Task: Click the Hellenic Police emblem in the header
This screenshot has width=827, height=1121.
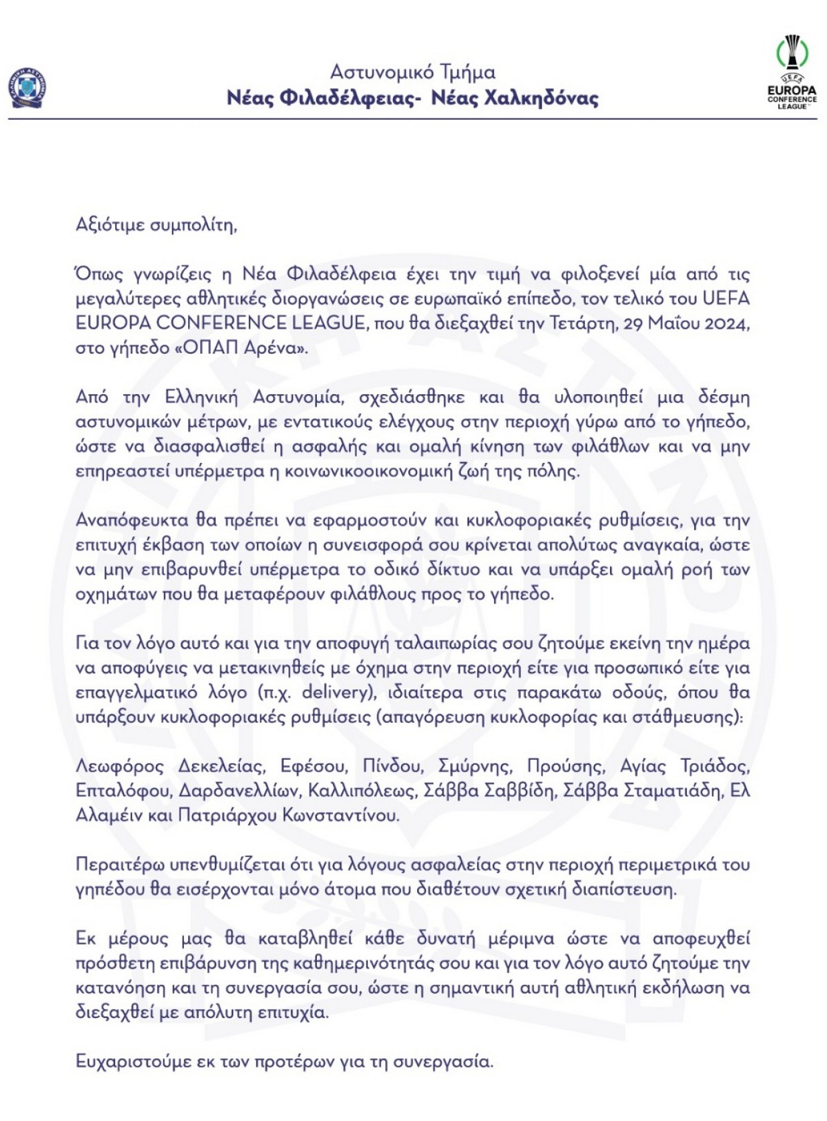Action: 28,88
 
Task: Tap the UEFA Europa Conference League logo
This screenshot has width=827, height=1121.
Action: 792,72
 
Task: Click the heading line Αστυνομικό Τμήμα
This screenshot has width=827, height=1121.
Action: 412,72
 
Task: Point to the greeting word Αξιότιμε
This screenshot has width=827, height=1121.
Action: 109,225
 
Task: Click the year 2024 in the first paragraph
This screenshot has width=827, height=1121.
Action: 725,323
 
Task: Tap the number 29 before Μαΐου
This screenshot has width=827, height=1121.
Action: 635,323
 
